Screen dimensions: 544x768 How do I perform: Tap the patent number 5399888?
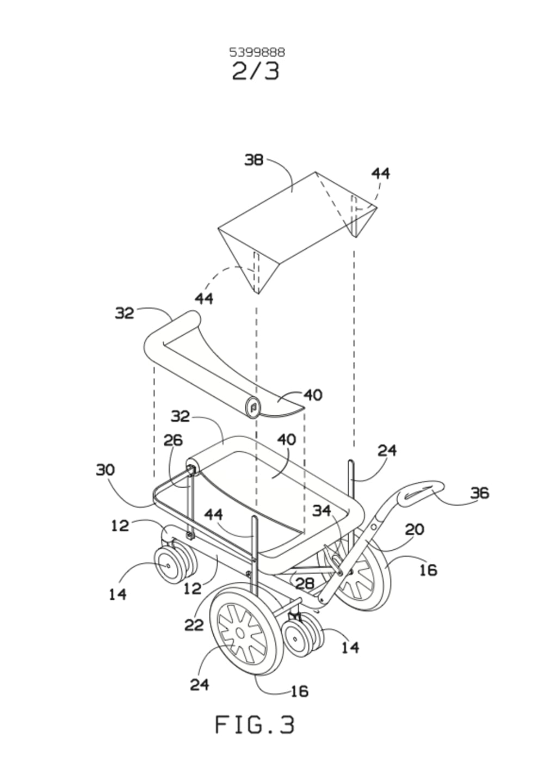(x=257, y=52)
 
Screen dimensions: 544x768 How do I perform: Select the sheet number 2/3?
(x=256, y=71)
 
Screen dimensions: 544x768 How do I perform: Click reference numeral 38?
(x=254, y=160)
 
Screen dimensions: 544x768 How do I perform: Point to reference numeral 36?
(x=480, y=493)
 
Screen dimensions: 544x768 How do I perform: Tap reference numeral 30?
(x=106, y=470)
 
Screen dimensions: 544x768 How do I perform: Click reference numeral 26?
(x=173, y=440)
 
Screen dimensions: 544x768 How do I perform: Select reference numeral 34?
(x=322, y=511)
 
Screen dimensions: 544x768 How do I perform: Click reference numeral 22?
(x=194, y=625)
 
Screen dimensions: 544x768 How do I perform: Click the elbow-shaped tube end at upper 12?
(x=169, y=535)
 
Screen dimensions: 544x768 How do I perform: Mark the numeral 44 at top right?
(x=380, y=174)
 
